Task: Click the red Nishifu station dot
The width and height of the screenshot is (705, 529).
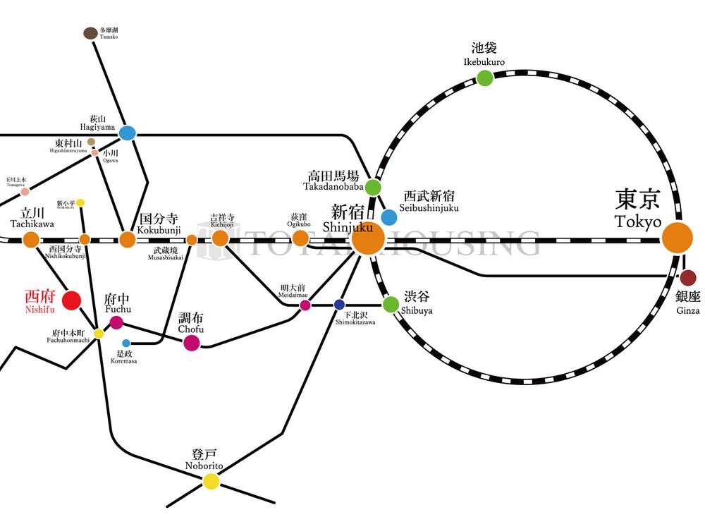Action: (71, 300)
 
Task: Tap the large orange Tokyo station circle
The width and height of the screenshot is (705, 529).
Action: (678, 238)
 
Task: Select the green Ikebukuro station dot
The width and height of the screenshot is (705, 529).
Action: (484, 78)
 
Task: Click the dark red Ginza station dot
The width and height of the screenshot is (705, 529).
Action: (688, 277)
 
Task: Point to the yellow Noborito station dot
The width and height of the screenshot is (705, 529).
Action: (211, 481)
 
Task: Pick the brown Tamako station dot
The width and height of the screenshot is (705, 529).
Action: (90, 33)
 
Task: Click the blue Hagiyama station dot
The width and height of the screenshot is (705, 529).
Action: (127, 133)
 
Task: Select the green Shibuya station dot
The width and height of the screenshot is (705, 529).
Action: (391, 304)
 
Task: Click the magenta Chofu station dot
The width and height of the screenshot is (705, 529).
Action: (191, 343)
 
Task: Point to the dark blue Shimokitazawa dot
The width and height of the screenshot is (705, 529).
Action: (339, 305)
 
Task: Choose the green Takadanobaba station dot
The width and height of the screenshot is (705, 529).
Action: (373, 188)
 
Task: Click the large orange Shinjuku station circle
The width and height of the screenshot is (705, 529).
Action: (368, 239)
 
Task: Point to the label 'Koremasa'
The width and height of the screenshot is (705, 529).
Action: (123, 361)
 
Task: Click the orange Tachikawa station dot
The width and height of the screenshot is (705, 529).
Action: (31, 239)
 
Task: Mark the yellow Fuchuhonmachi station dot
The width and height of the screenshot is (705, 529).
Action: (99, 333)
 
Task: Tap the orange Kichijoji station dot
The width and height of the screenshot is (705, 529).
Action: (221, 238)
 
